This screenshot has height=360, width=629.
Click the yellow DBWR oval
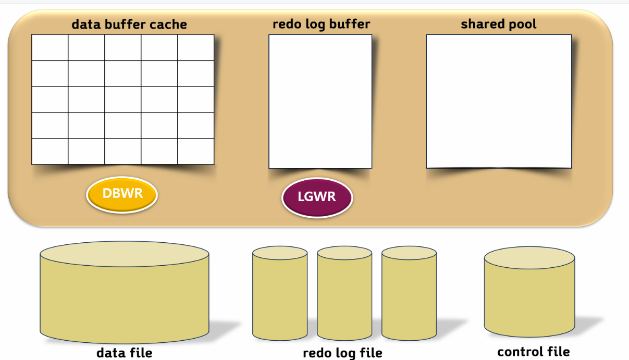tap(122, 195)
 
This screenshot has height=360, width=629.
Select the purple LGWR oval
tap(317, 197)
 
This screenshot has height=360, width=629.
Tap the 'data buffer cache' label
tap(129, 24)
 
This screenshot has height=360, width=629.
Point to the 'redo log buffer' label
tap(321, 24)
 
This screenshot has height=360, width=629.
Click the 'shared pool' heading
tap(498, 24)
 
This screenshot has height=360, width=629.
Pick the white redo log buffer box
tap(320, 101)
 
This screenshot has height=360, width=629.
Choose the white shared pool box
tap(499, 101)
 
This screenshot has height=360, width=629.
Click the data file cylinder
tap(125, 294)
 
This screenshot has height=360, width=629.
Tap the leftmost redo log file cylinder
tap(280, 294)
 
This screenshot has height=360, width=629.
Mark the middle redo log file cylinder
tap(344, 294)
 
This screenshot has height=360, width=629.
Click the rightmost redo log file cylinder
tap(409, 294)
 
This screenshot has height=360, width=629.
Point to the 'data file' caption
tap(125, 353)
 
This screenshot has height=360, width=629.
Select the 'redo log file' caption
tap(342, 353)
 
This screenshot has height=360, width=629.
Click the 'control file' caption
tap(533, 352)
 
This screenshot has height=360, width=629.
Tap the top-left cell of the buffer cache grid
tap(50, 47)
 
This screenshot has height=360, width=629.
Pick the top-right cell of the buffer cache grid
tap(195, 47)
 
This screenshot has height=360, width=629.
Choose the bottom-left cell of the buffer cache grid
tap(50, 151)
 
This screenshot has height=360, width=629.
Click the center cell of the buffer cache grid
tap(123, 99)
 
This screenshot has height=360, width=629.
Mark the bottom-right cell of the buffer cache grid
tap(195, 151)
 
